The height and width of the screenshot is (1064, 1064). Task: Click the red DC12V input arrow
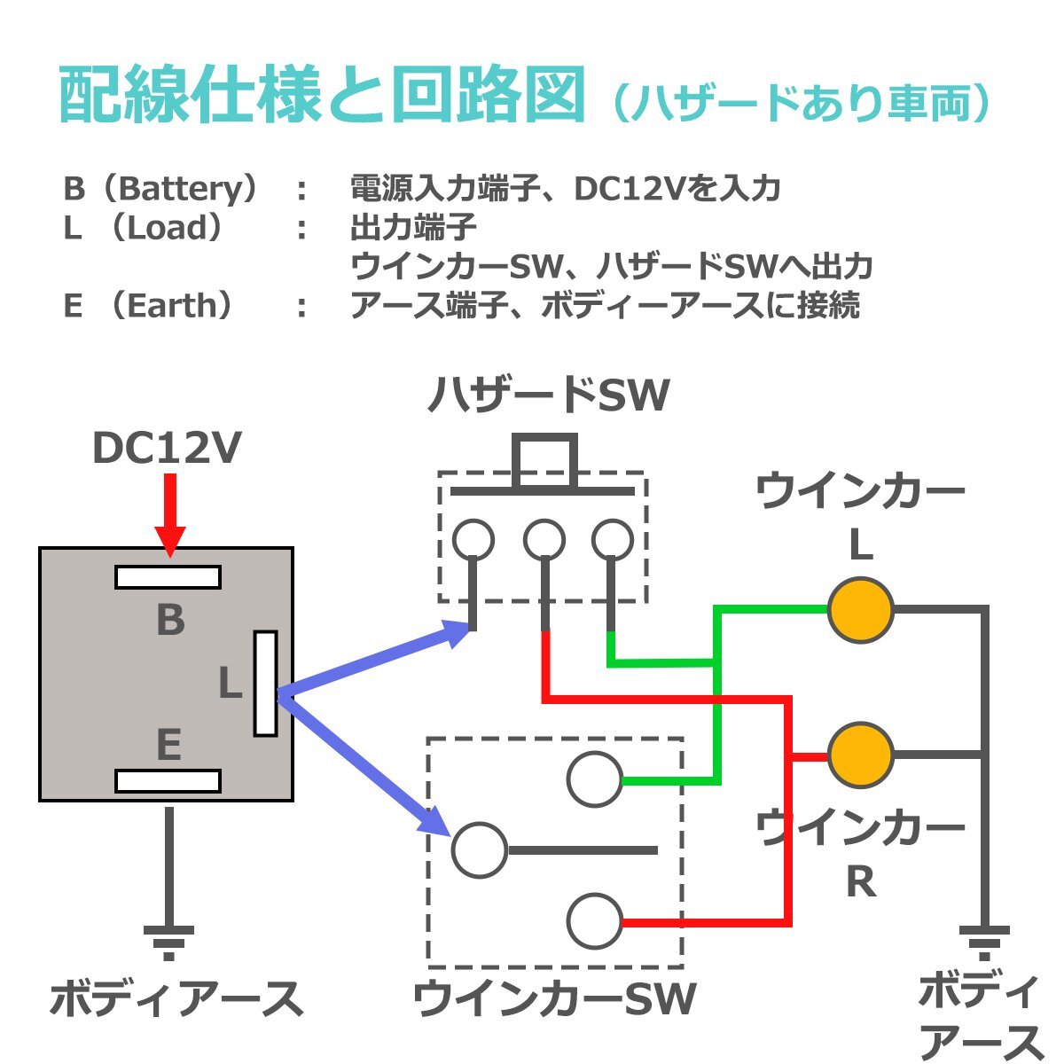(169, 514)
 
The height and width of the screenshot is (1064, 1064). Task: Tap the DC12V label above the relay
(167, 449)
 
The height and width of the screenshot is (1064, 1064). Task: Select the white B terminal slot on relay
(168, 577)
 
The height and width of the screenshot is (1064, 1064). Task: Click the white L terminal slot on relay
(265, 684)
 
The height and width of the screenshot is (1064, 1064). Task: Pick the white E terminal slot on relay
(168, 781)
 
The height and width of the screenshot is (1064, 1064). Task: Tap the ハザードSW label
(548, 396)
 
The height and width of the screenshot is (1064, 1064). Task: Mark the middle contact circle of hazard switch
(544, 539)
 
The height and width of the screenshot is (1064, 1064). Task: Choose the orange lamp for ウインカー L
(860, 610)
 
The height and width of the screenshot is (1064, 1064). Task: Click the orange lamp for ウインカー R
(860, 755)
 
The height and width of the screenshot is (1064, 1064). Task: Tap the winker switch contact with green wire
(594, 779)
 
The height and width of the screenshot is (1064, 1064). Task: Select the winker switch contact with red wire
(594, 921)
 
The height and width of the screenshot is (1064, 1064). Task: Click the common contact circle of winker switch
(480, 850)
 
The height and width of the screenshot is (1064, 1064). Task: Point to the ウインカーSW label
(554, 999)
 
